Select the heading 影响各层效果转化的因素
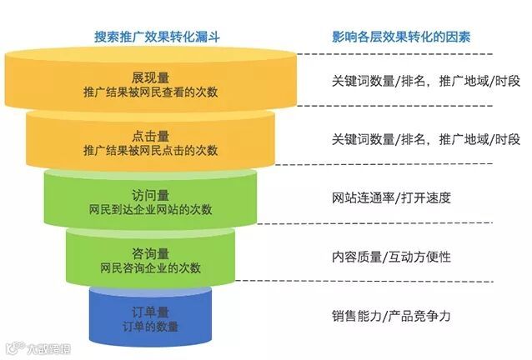pos(400,37)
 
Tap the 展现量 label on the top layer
pos(151,77)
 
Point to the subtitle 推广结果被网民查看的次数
pos(151,92)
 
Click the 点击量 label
pos(151,136)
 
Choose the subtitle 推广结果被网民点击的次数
pos(151,151)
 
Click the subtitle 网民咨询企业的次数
pos(151,268)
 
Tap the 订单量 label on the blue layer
pos(151,312)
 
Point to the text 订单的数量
pos(151,327)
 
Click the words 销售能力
pos(356,316)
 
